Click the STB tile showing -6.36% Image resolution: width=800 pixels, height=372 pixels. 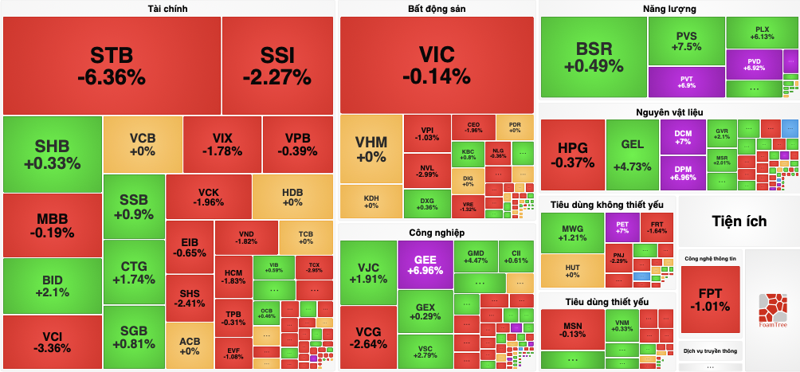point(112,65)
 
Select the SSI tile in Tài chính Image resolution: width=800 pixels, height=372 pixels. point(277,65)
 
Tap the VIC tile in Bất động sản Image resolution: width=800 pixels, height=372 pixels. point(437,65)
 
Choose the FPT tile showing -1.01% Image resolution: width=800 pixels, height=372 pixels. point(710,299)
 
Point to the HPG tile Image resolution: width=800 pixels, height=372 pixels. point(572,155)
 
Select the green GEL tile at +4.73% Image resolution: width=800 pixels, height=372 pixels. point(632,155)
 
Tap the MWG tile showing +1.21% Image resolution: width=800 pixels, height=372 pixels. point(572,232)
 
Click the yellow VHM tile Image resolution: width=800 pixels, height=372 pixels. point(371,149)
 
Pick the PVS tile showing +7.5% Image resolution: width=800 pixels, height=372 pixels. point(687,41)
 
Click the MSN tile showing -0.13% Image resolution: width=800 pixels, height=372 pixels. point(572,332)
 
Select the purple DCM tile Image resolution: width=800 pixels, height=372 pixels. point(683,137)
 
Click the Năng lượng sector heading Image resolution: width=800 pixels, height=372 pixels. point(669,10)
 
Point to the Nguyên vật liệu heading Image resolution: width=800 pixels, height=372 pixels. point(669,112)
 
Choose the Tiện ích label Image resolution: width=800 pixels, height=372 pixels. point(739,221)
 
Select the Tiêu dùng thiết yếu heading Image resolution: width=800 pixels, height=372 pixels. point(607,302)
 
